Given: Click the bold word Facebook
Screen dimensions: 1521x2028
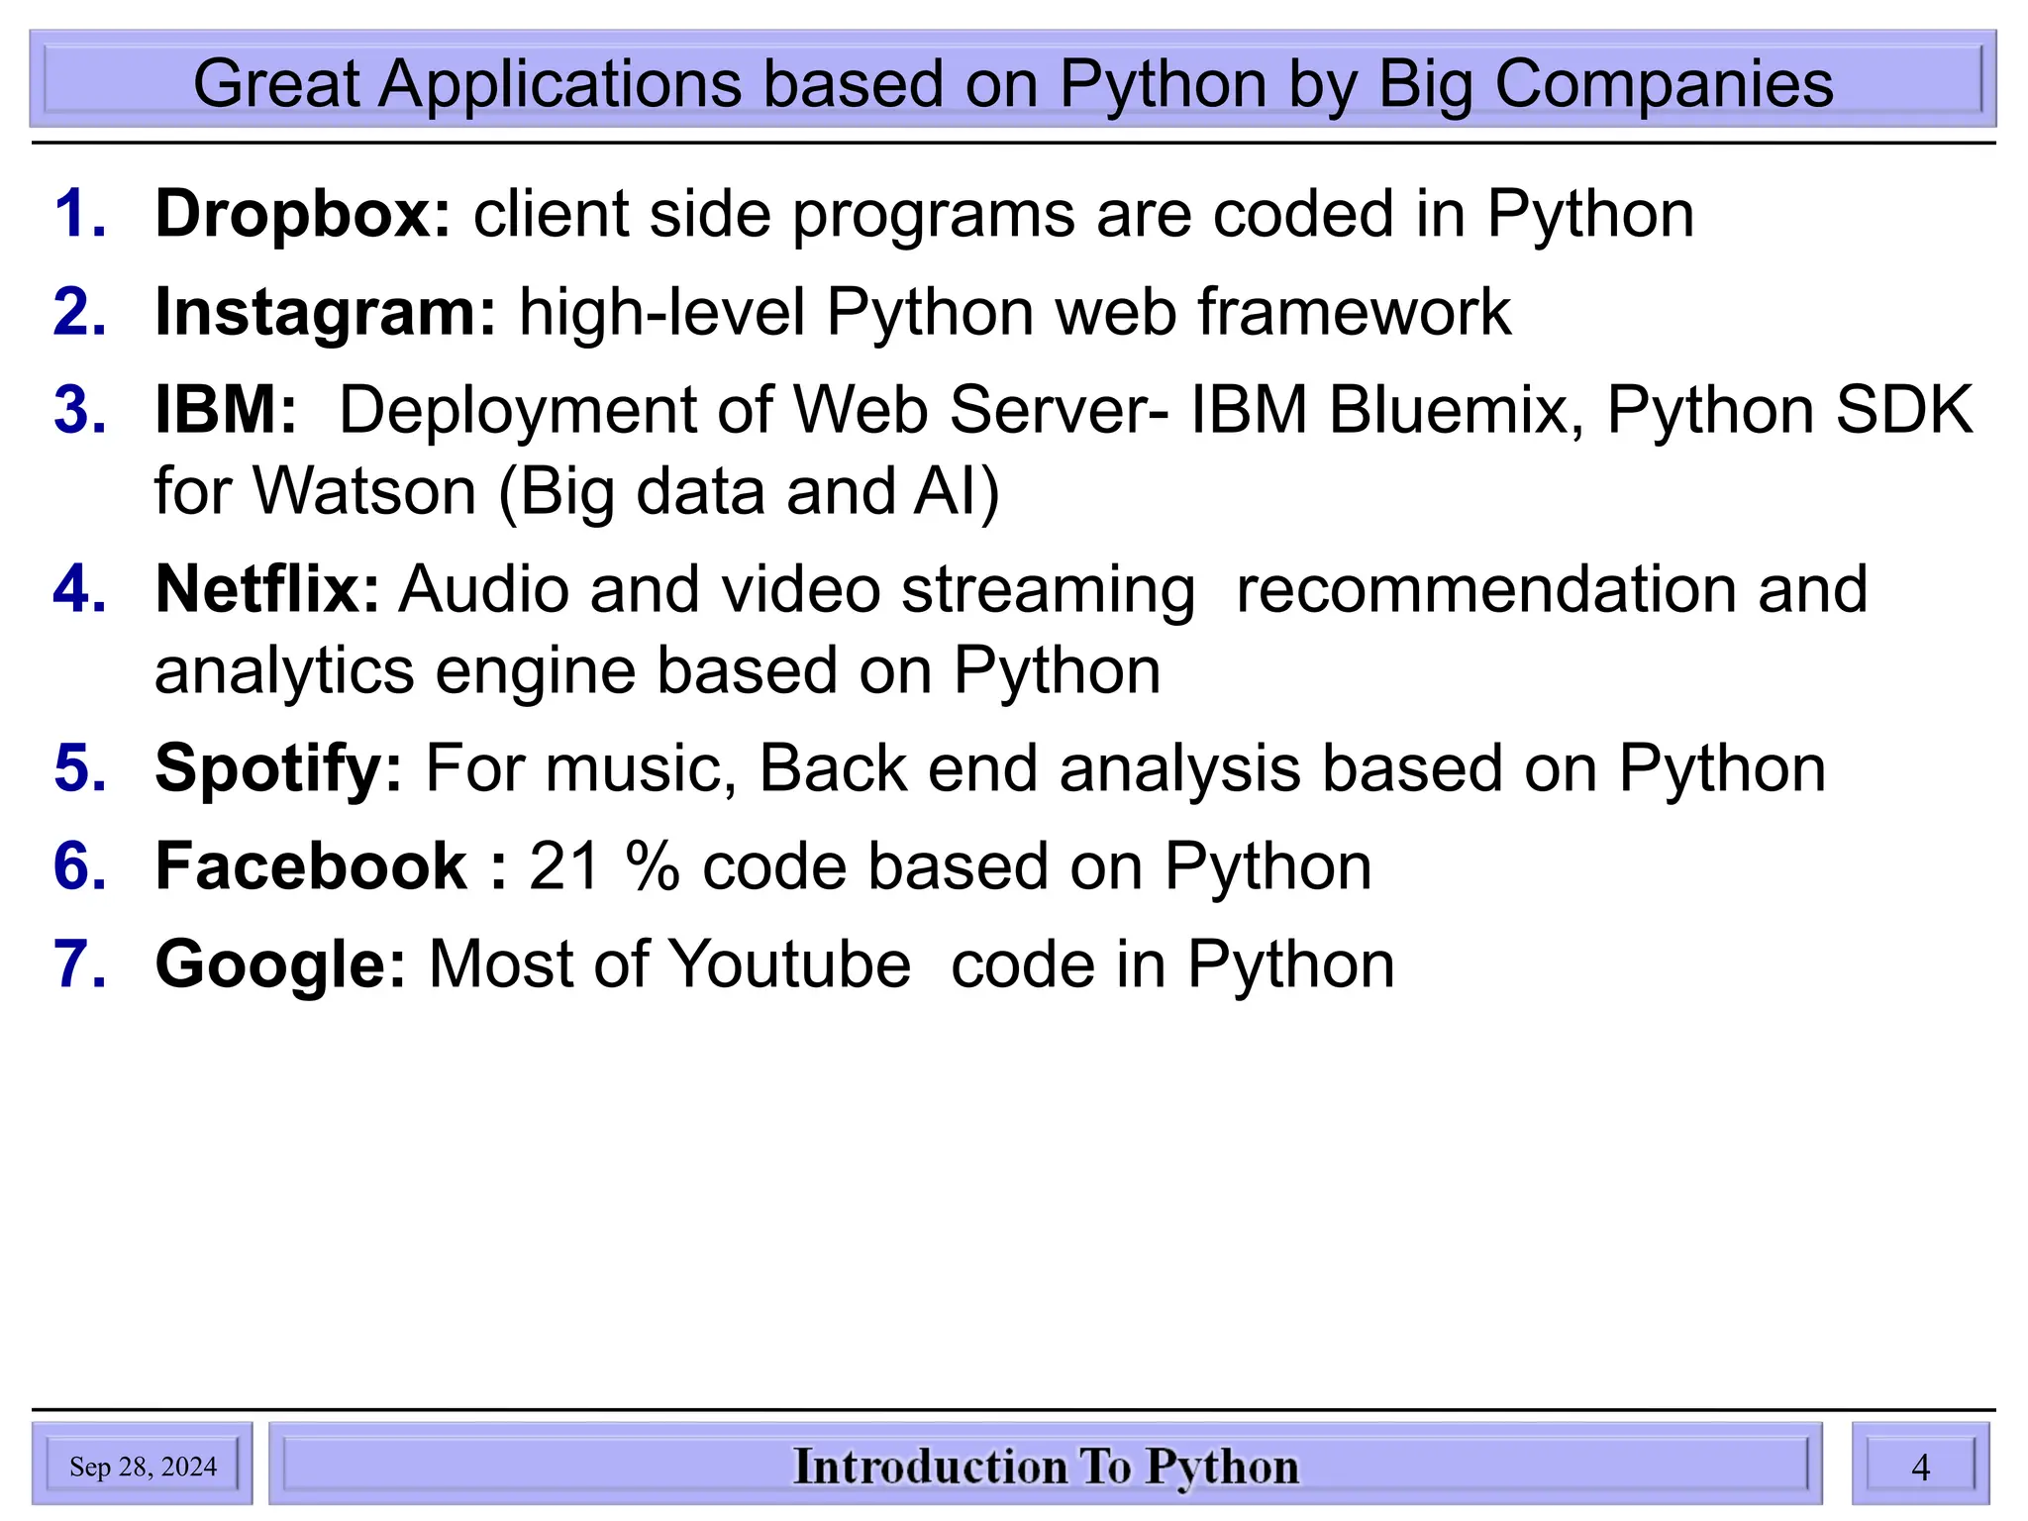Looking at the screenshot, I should tap(311, 866).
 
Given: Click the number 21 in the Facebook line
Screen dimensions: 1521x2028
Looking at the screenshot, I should tap(565, 866).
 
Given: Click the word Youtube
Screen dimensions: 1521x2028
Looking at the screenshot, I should tap(789, 964).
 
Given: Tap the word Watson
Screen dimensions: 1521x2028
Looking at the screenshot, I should tap(364, 491).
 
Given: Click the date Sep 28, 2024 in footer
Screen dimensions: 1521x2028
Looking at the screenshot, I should tap(143, 1467).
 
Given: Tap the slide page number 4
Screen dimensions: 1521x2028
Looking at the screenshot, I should tap(1920, 1467).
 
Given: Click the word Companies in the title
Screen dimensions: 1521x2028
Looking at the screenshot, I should tap(1664, 83).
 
